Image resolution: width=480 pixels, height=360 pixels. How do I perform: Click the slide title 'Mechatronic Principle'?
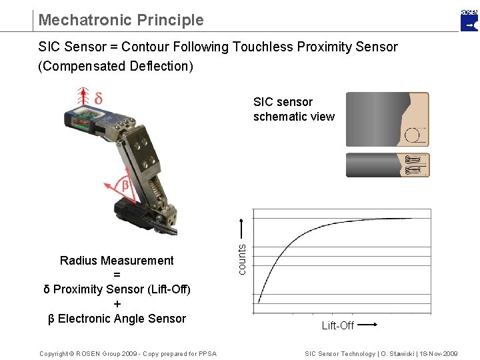coord(121,20)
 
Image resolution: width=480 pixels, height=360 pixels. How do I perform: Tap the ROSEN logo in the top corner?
coord(469,21)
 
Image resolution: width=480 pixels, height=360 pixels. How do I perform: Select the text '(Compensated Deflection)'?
coord(115,67)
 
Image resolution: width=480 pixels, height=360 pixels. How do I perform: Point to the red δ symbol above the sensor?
coord(98,98)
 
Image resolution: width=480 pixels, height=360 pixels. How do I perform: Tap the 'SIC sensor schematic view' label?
coord(293,109)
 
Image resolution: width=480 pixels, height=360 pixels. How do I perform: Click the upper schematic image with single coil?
coord(387,119)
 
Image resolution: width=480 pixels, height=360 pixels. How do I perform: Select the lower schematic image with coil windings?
coord(387,165)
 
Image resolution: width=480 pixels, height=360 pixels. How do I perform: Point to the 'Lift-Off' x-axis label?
coord(337,326)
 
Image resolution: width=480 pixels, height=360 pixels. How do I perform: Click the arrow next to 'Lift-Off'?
coord(368,325)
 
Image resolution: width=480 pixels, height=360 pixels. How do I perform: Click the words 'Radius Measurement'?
coord(117,261)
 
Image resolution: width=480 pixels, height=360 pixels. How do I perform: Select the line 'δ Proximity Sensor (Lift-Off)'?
coord(117,289)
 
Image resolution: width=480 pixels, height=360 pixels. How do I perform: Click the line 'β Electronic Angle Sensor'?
coord(117,319)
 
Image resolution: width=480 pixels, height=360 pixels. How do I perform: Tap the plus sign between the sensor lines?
coord(117,304)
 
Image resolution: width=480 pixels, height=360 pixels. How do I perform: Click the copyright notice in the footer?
coord(127,353)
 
